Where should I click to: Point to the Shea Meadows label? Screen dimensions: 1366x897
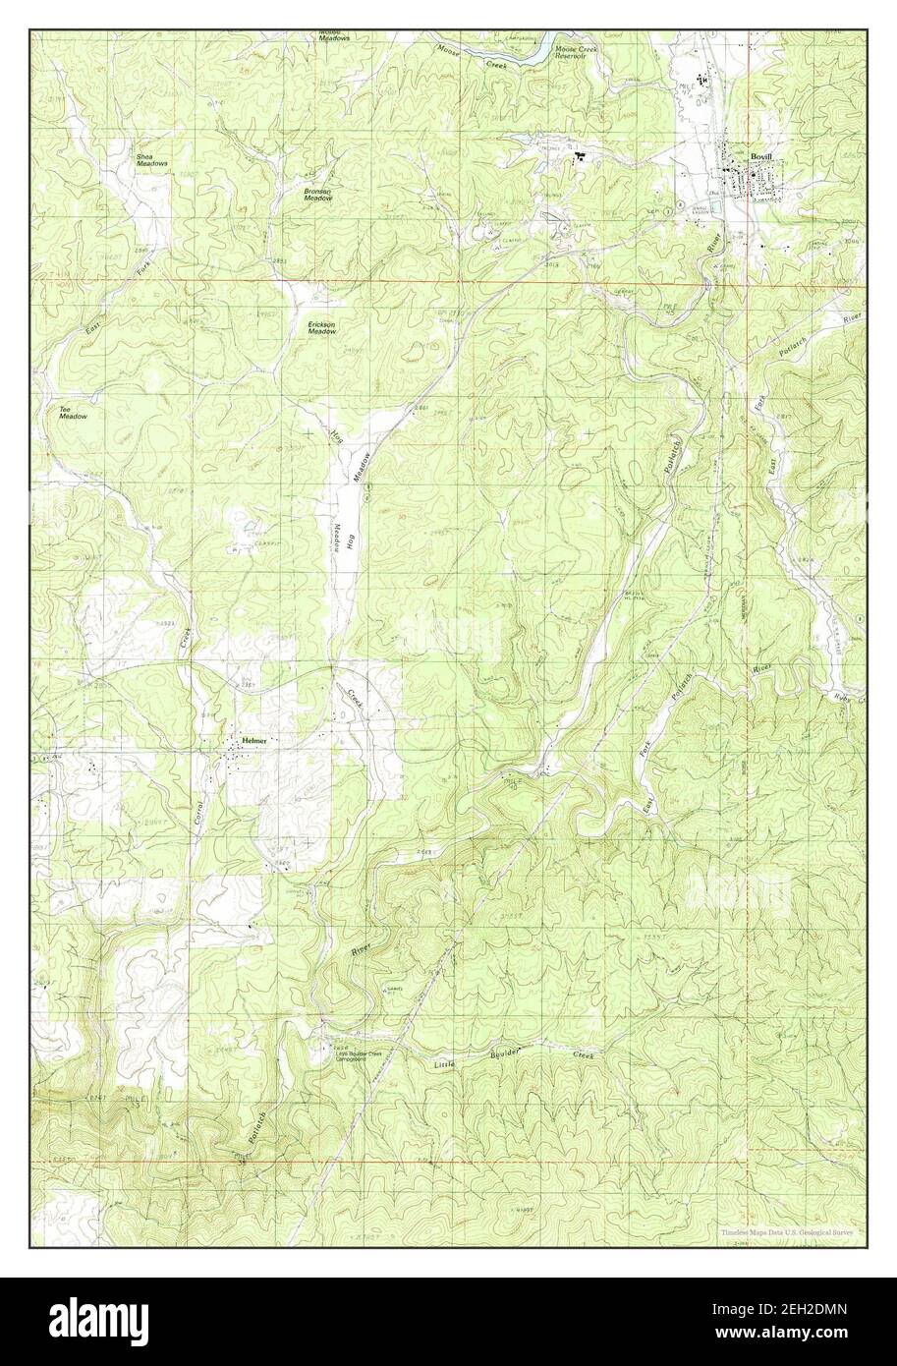coord(138,159)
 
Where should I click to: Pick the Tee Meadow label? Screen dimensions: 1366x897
coord(73,413)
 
